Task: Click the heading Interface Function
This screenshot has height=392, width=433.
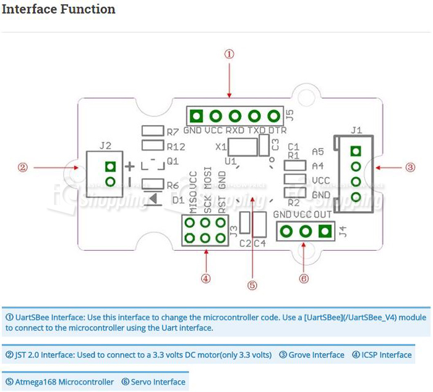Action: point(59,9)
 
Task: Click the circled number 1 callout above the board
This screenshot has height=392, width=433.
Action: point(229,54)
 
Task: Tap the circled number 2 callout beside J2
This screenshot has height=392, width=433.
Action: point(23,167)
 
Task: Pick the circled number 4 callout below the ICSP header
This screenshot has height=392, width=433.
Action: point(206,278)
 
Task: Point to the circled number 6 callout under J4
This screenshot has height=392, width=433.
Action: point(303,278)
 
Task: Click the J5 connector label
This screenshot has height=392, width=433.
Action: point(289,115)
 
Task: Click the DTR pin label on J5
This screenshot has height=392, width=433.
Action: point(277,131)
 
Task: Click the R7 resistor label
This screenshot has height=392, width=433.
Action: point(173,131)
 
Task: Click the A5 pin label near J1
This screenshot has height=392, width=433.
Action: point(318,151)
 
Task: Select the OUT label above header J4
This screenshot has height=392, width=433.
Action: point(322,215)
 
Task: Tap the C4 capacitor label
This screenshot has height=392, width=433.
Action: point(259,243)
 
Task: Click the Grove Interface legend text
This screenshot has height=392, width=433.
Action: point(311,355)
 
